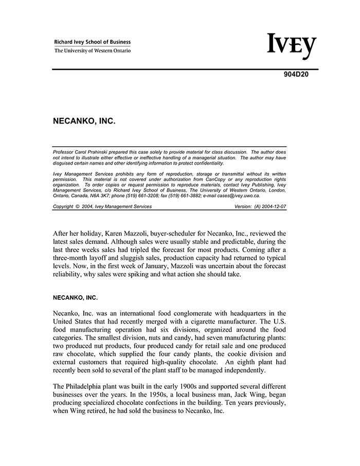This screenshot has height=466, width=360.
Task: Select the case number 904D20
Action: pyautogui.click(x=296, y=74)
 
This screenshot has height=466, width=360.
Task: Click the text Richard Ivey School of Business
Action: pyautogui.click(x=93, y=42)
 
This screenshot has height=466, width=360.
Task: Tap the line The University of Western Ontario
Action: pyautogui.click(x=93, y=51)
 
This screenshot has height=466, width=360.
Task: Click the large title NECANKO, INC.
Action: pyautogui.click(x=84, y=122)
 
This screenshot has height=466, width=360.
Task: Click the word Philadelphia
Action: pyautogui.click(x=88, y=386)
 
